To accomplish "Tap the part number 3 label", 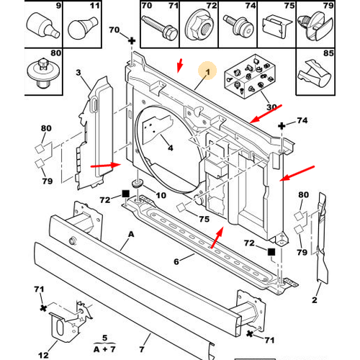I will (x=78, y=73).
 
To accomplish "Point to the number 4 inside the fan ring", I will (x=171, y=148).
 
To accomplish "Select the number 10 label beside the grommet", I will (x=160, y=196).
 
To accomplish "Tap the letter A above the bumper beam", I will (x=130, y=234).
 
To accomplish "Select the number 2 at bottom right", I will (x=315, y=300).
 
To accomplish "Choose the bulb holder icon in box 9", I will (x=40, y=27).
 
